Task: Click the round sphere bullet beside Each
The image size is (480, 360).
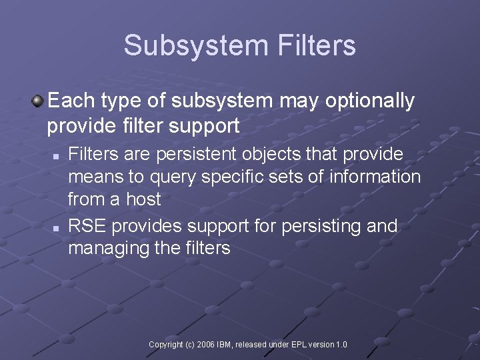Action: (38, 101)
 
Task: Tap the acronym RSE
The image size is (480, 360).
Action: (87, 226)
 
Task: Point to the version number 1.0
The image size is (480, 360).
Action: (341, 345)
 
